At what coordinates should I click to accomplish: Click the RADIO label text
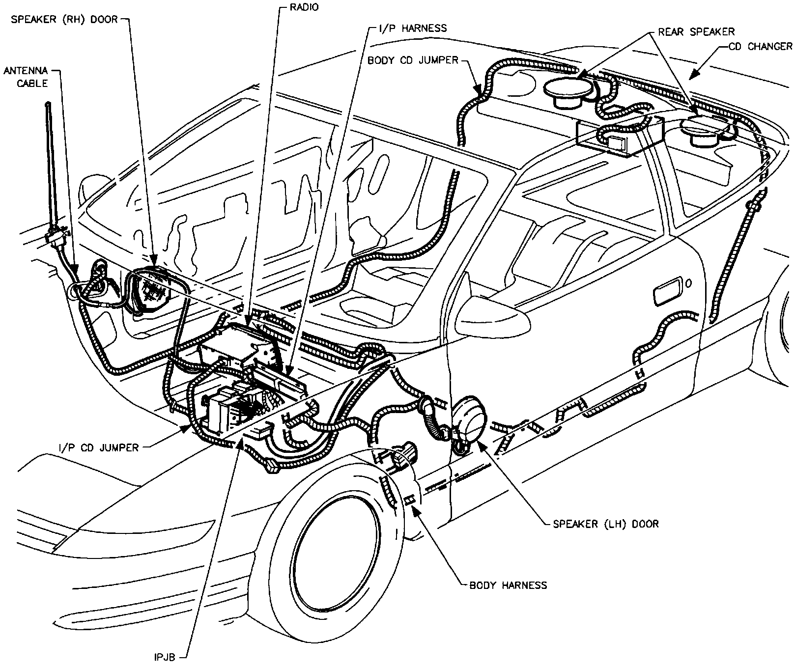(x=305, y=7)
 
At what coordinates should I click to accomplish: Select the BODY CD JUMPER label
(x=412, y=60)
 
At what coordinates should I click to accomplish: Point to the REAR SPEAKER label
(x=696, y=32)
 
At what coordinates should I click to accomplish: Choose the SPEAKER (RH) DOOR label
(x=64, y=20)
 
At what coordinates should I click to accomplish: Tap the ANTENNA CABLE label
(x=26, y=77)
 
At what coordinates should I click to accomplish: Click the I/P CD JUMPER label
(x=98, y=447)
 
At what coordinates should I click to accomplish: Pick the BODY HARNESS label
(x=508, y=585)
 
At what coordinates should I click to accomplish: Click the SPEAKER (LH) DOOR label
(x=606, y=524)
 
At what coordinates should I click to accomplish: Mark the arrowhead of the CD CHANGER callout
(x=691, y=77)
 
